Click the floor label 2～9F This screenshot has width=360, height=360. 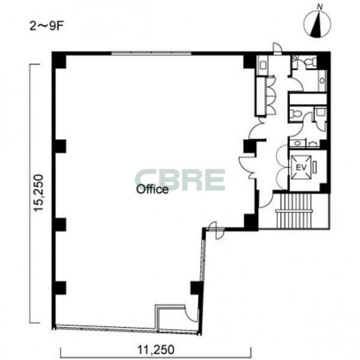pos(46,26)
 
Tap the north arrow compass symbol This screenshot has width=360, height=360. pos(317,24)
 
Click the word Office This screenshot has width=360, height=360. pos(152,189)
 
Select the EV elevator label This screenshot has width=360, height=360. pos(301,168)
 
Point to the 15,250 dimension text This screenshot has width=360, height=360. pos(38,193)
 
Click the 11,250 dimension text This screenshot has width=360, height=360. pos(156,349)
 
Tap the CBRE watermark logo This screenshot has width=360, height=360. pos(180,180)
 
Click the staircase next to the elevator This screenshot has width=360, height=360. pos(294,211)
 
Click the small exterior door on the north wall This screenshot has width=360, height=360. pos(277,49)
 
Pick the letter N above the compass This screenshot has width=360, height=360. pos(320,7)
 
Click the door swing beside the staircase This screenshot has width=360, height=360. pos(265,201)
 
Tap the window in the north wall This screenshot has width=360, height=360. pos(152,53)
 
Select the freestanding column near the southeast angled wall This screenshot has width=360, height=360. pos(197,288)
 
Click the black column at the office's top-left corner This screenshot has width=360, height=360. pos(60,61)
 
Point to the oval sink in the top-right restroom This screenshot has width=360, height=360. pos(322,81)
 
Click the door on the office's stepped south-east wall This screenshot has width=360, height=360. pos(216,230)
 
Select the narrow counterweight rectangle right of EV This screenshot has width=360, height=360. pos(315,167)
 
